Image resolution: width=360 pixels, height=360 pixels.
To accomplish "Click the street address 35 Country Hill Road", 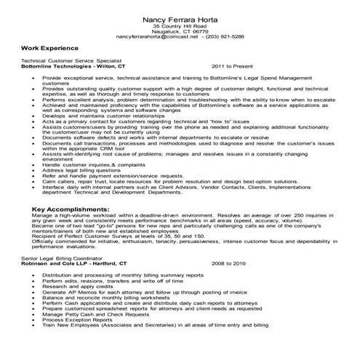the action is point(180,25).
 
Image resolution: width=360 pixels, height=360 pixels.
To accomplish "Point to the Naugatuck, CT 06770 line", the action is point(180,31).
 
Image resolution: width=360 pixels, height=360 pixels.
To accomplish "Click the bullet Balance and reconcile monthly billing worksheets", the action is point(100,297).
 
